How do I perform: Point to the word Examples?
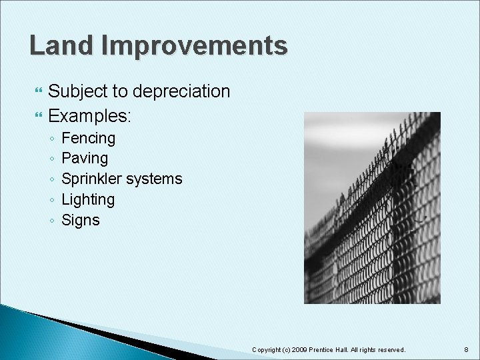pyautogui.click(x=90, y=116)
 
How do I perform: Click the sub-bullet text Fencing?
pyautogui.click(x=88, y=139)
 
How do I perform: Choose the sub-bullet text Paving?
pyautogui.click(x=84, y=159)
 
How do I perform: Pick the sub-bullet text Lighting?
pyautogui.click(x=87, y=199)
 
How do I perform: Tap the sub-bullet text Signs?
pyautogui.click(x=80, y=220)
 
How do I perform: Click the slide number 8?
pyautogui.click(x=465, y=349)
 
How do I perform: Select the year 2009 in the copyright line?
pyautogui.click(x=299, y=349)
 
